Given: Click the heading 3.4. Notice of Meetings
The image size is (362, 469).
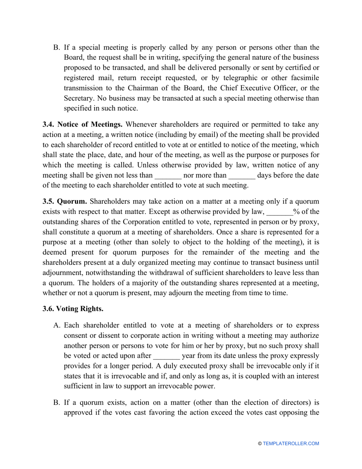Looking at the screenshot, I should tap(83, 124).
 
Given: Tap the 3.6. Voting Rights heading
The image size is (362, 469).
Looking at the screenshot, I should tap(73, 309).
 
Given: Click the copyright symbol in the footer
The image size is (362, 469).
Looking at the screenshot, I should tap(260, 443).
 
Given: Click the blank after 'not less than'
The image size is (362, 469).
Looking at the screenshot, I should tap(168, 176).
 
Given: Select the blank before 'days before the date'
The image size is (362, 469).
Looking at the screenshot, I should tap(242, 176).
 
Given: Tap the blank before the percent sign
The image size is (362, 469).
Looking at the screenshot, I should tap(279, 212).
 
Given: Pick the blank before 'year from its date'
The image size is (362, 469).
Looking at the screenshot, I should tap(166, 356).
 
